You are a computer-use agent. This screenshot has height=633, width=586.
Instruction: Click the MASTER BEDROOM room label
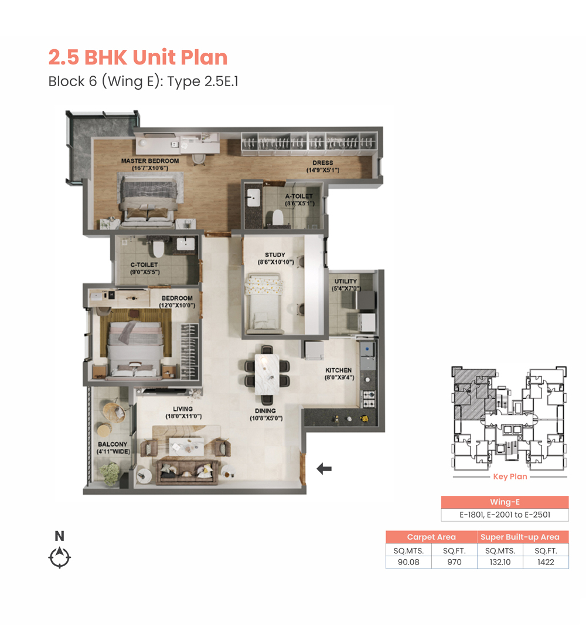pos(150,161)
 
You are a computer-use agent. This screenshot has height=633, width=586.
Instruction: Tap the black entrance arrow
pos(324,469)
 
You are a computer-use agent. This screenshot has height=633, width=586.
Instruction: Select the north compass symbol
pos(60,557)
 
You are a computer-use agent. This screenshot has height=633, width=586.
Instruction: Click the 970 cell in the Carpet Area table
pos(454,562)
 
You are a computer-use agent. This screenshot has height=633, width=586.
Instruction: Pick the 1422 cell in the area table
pos(546,562)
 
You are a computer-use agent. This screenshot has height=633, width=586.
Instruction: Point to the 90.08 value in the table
pos(408,562)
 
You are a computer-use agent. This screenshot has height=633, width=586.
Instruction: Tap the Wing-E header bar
pos(505,502)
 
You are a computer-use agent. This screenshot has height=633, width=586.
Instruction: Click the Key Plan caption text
pos(510,477)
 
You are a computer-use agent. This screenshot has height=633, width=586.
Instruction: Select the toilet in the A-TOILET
pos(278,217)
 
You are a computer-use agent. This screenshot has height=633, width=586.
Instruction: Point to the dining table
pos(267,375)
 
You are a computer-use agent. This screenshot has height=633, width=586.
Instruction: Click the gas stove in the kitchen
pos(369,399)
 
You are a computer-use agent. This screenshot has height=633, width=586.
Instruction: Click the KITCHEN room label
pos(338,370)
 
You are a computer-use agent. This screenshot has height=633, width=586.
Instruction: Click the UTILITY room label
pos(346,281)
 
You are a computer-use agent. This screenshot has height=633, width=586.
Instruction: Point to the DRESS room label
pos(323,163)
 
